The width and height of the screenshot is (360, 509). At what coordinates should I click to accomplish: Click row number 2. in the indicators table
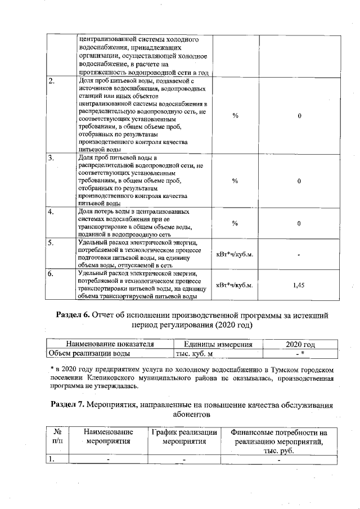[52, 82]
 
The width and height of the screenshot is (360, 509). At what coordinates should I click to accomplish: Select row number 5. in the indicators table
[51, 243]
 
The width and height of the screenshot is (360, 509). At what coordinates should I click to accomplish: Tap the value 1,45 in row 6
[299, 285]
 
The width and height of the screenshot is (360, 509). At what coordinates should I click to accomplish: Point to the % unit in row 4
[235, 223]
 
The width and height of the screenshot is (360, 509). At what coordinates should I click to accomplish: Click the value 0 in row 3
[299, 181]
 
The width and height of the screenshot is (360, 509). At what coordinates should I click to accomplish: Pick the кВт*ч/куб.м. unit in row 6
[235, 285]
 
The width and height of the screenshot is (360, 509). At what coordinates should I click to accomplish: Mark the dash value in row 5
[299, 254]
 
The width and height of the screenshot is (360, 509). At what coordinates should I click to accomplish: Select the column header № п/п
[56, 437]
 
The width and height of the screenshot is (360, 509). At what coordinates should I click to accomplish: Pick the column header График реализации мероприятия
[184, 437]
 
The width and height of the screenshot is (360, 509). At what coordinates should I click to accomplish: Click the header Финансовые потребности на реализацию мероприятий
[278, 442]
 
